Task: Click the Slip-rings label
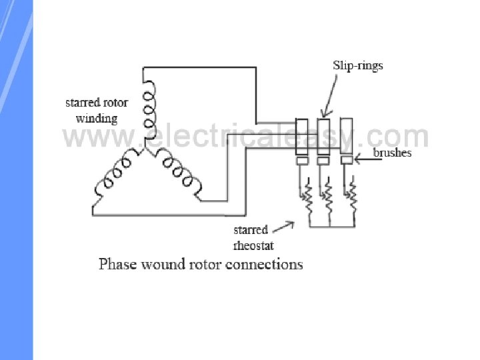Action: point(358,66)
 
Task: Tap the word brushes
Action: point(392,153)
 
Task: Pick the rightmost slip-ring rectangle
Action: point(345,136)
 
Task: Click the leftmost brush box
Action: point(301,161)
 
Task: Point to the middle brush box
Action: point(323,161)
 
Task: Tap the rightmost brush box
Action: point(345,160)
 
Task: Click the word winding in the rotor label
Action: point(96,119)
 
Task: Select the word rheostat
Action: point(253,245)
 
